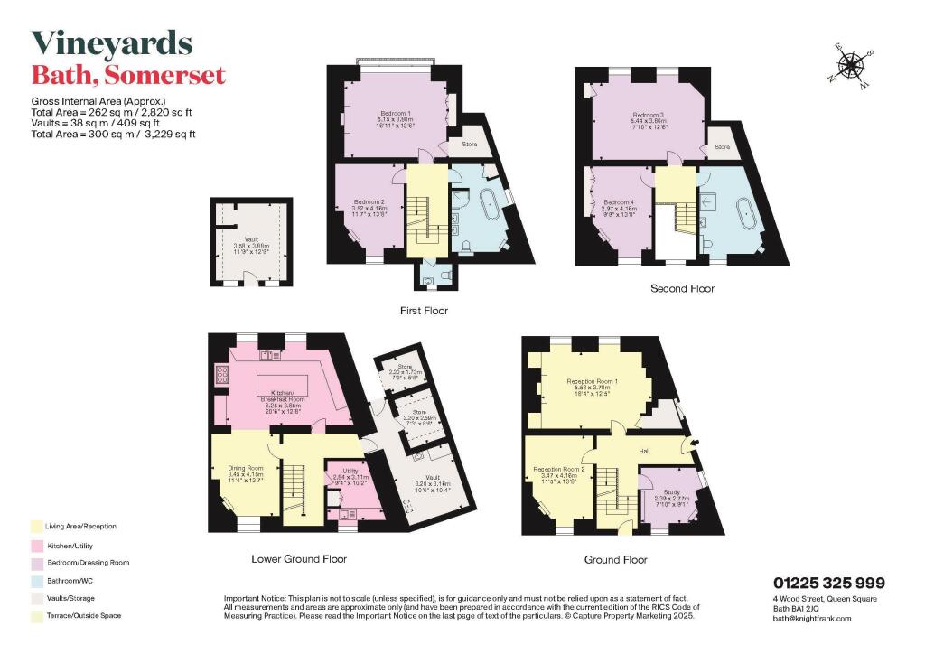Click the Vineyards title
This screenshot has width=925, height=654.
click(x=112, y=43)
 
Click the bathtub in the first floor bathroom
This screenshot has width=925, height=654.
click(x=491, y=207)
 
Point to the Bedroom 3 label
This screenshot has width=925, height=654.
click(x=648, y=115)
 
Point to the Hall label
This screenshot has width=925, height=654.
click(x=645, y=449)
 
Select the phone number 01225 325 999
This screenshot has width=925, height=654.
click(x=828, y=583)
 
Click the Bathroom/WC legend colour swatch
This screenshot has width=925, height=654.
click(x=35, y=580)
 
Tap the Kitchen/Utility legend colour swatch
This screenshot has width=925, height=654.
click(x=35, y=545)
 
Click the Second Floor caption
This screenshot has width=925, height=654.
click(x=682, y=289)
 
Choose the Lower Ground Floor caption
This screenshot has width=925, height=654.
click(x=298, y=558)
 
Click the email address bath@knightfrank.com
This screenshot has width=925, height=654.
click(x=812, y=618)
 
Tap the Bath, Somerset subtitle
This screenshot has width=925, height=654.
click(x=127, y=75)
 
